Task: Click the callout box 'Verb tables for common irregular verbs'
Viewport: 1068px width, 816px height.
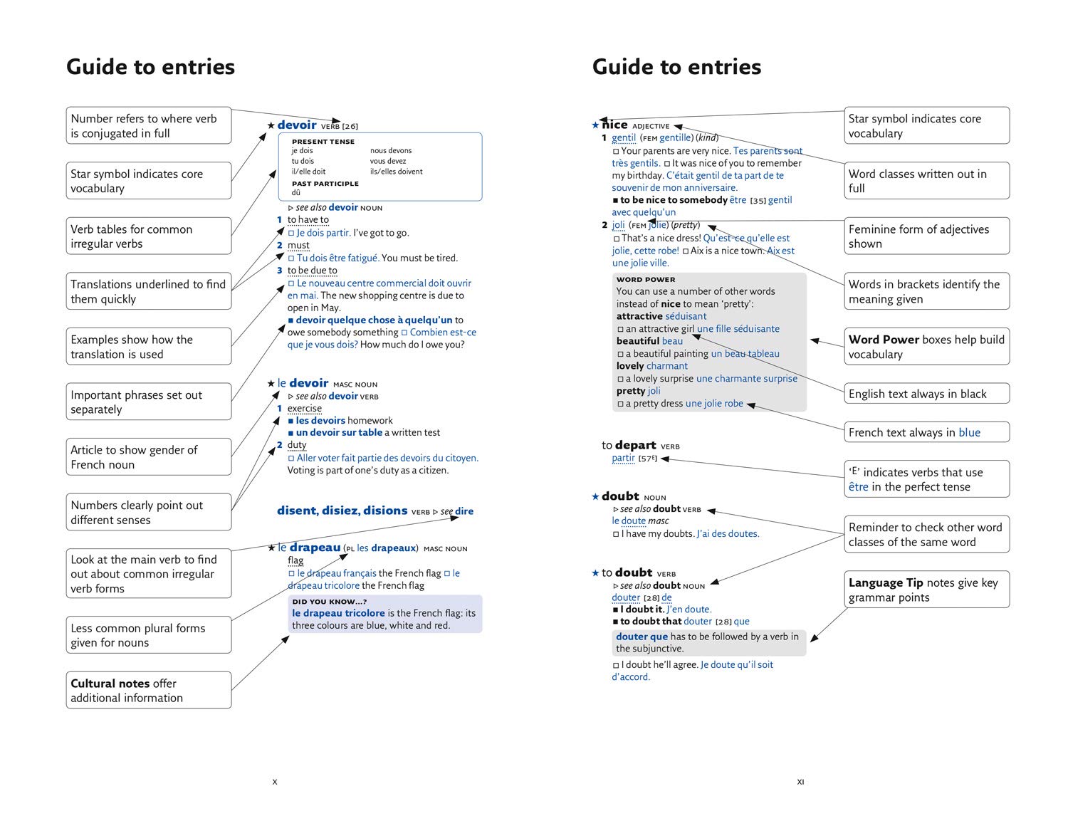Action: pos(149,236)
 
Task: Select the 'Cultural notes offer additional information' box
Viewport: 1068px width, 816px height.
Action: pos(149,690)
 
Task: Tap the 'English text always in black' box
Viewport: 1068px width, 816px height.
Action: pos(926,394)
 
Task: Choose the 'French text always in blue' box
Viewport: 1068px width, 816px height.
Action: pos(926,432)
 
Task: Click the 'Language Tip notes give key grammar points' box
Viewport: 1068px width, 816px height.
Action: pos(926,590)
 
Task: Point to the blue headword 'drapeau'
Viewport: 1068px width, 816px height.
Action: pos(315,548)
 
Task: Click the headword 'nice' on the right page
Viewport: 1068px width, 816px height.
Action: pos(614,125)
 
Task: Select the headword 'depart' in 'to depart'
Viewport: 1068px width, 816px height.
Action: pos(635,445)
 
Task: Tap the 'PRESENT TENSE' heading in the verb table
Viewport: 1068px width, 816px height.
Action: pos(323,142)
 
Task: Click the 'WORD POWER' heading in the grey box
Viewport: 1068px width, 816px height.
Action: pos(646,280)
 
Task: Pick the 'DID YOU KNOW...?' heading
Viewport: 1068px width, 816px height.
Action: pos(329,602)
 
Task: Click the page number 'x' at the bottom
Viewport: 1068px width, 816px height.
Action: pos(275,782)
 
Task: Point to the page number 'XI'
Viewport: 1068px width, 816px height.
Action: pos(800,782)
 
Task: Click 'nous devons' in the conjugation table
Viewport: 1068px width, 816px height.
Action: pos(391,151)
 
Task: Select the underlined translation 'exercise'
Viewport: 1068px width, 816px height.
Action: pos(304,409)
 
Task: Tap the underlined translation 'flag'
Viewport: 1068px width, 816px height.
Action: pos(295,560)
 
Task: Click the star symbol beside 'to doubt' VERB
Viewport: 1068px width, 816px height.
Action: pos(595,573)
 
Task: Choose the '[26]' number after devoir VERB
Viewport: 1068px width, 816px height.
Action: pos(350,127)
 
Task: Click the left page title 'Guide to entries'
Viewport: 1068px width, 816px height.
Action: pos(150,67)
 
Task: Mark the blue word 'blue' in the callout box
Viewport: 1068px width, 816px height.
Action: pos(969,432)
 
